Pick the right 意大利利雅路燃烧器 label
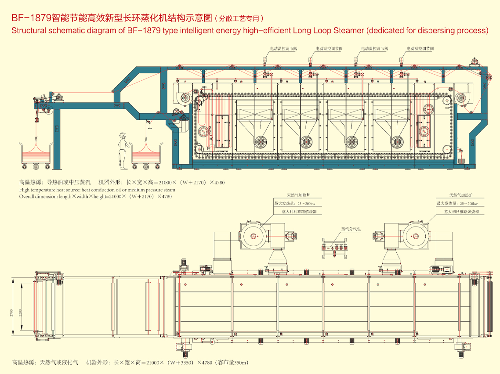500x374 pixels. (460, 212)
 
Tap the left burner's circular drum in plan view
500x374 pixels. (254, 236)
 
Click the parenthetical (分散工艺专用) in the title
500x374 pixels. (239, 18)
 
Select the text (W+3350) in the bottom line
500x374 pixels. (180, 363)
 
